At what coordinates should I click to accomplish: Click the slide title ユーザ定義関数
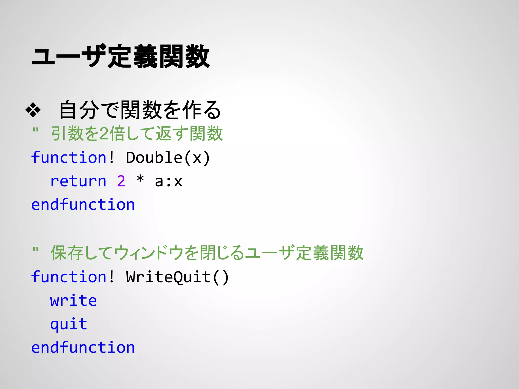pyautogui.click(x=121, y=56)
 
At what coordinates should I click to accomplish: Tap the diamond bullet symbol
pyautogui.click(x=33, y=110)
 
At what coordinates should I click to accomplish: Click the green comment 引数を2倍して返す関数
pyautogui.click(x=137, y=133)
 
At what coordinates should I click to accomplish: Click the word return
pyautogui.click(x=78, y=181)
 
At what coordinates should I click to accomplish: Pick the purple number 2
pyautogui.click(x=121, y=181)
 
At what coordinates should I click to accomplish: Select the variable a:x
pyautogui.click(x=169, y=181)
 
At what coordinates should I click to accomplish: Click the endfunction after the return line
pyautogui.click(x=83, y=205)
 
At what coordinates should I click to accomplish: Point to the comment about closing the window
pyautogui.click(x=207, y=253)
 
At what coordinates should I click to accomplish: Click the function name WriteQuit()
pyautogui.click(x=177, y=277)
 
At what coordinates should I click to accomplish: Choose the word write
pyautogui.click(x=73, y=301)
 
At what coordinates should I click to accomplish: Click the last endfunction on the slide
pyautogui.click(x=83, y=347)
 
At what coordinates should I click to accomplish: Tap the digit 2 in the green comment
pyautogui.click(x=104, y=134)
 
